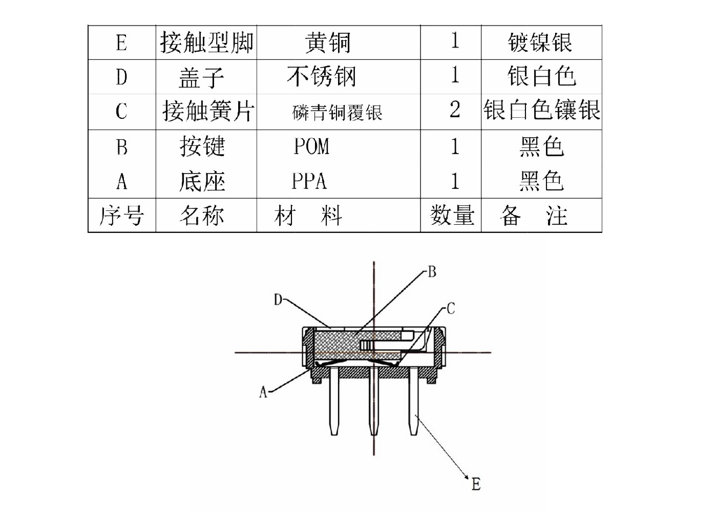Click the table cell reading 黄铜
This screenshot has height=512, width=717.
pyautogui.click(x=328, y=42)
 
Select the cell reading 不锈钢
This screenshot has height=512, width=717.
pyautogui.click(x=322, y=77)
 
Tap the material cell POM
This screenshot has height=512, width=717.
pyautogui.click(x=311, y=147)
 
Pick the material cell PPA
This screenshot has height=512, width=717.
pyautogui.click(x=309, y=181)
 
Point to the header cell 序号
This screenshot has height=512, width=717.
pyautogui.click(x=121, y=216)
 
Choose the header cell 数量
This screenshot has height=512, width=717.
pyautogui.click(x=451, y=216)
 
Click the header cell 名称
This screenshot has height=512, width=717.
pyautogui.click(x=202, y=216)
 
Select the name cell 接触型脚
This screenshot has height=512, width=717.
pyautogui.click(x=206, y=42)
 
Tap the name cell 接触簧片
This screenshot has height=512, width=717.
pyautogui.click(x=208, y=111)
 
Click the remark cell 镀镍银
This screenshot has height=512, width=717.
pyautogui.click(x=540, y=42)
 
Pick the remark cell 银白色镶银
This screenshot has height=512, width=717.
pyautogui.click(x=541, y=111)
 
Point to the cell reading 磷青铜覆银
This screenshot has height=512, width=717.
pyautogui.click(x=338, y=112)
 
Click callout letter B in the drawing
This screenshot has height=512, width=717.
pyautogui.click(x=432, y=271)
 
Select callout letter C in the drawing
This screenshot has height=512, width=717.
pyautogui.click(x=451, y=309)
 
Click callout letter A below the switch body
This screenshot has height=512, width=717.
pyautogui.click(x=263, y=393)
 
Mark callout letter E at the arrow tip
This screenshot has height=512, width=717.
pyautogui.click(x=476, y=484)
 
